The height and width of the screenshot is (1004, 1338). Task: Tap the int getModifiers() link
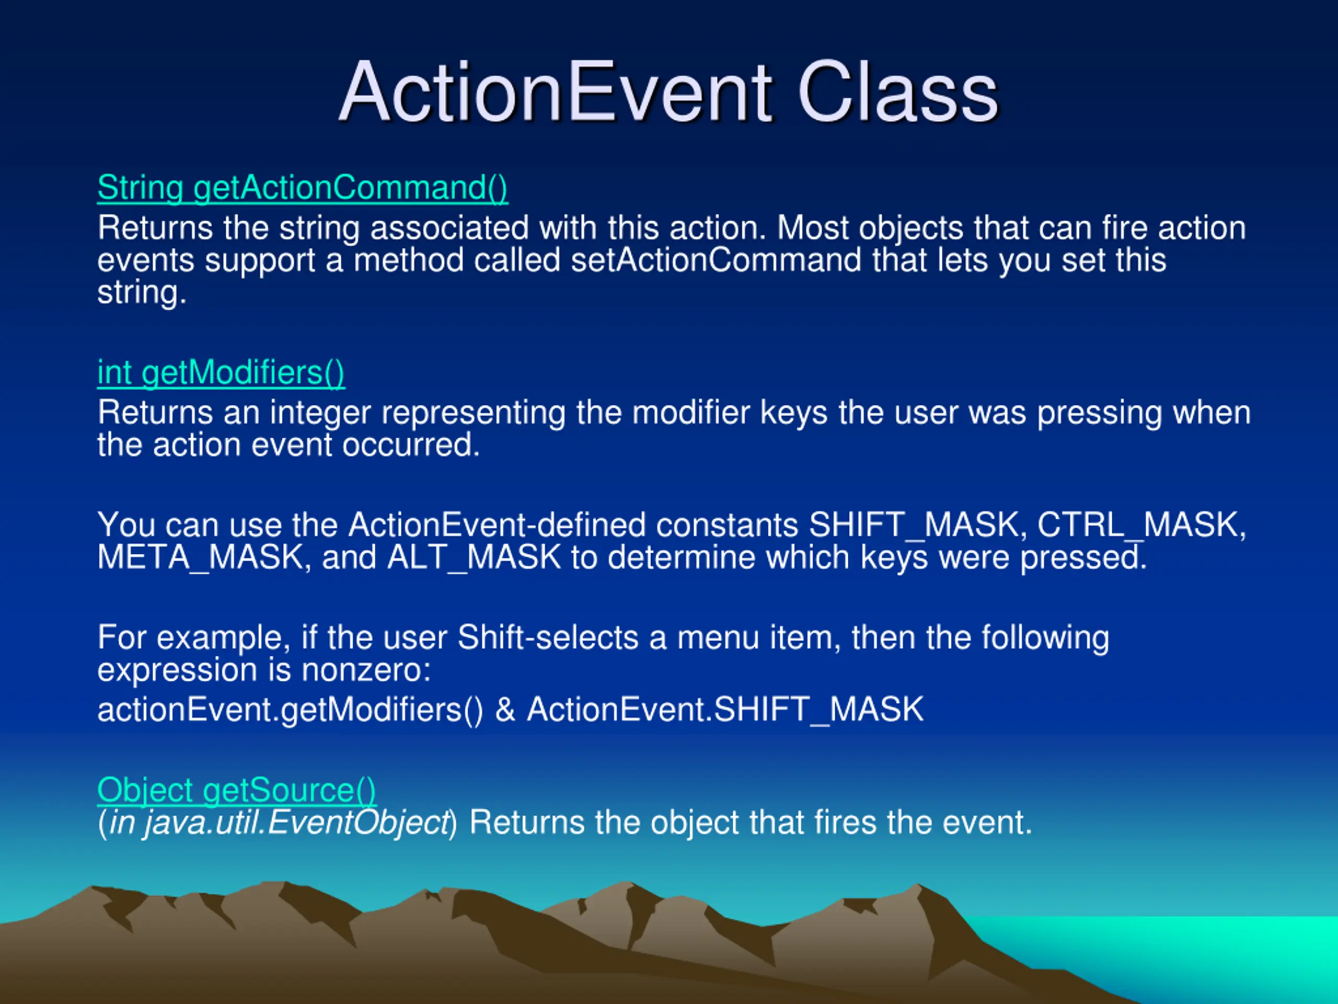222,373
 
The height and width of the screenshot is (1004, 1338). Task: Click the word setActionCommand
716,260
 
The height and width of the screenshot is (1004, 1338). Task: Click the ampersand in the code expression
505,709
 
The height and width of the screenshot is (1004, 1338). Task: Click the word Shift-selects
548,638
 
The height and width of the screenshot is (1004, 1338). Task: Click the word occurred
411,446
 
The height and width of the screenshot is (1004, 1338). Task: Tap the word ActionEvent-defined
497,524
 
